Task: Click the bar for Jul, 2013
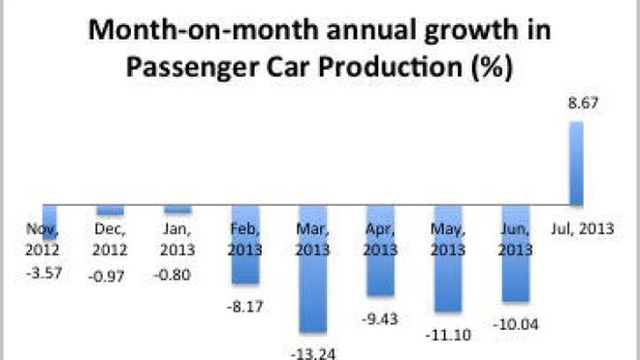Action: coord(576,163)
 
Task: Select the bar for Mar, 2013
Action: coord(312,270)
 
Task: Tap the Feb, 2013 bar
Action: coord(245,245)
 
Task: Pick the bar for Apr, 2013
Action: coord(380,250)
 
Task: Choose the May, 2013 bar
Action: coord(448,259)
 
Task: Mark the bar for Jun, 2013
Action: coord(516,254)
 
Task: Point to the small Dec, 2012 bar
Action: coord(111,210)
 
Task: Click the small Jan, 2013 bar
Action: coord(177,210)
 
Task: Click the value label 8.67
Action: coord(583,103)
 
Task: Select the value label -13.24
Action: coord(313,353)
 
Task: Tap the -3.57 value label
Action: coord(44,273)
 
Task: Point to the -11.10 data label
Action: coord(448,335)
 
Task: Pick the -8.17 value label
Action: coord(245,307)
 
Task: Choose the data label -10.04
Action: coord(516,325)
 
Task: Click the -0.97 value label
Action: coord(107,277)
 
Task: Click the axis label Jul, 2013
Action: coord(583,228)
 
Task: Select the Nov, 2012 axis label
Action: coord(43,239)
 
